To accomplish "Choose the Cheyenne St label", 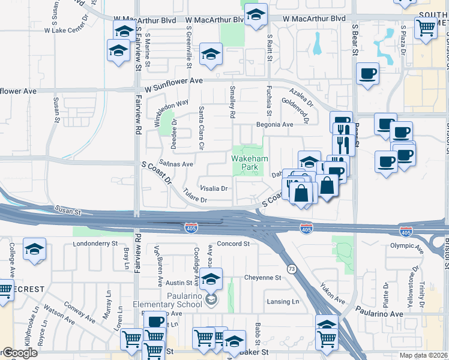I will (262, 278).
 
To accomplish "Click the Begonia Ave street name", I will (274, 125).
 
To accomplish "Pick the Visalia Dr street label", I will (214, 188).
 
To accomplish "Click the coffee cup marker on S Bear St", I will (367, 75).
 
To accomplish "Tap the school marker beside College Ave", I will (35, 249).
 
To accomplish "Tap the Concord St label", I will (233, 244).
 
